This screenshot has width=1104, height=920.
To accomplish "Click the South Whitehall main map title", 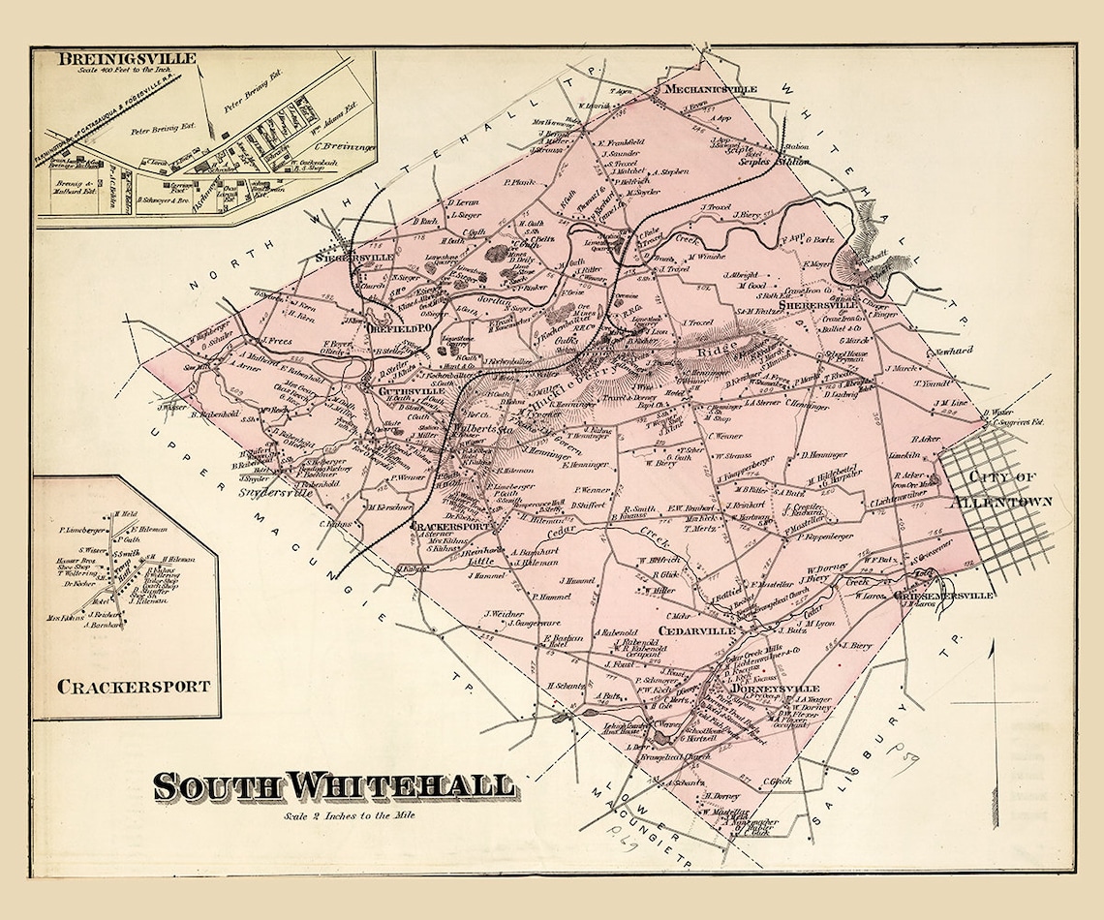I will pos(333,785).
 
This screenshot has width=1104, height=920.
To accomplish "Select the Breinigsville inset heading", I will pos(126,59).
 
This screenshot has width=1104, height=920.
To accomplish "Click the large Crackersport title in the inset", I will pos(134,687).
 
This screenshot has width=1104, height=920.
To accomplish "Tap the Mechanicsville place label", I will pos(708,89).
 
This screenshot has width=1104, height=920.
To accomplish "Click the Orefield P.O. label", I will pos(391,329).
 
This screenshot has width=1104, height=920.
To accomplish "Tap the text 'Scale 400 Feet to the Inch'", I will pos(127,73).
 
